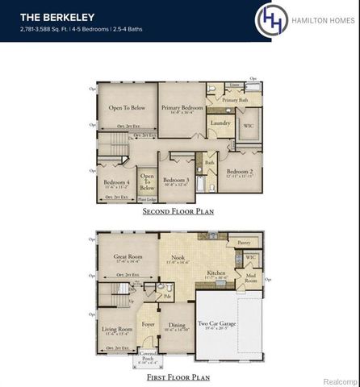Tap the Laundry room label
point(220,123)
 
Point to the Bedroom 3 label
point(177,180)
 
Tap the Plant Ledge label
point(147,198)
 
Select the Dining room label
point(177,326)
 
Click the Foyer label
point(149,324)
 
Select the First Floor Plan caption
point(178,377)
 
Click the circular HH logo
point(270,20)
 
